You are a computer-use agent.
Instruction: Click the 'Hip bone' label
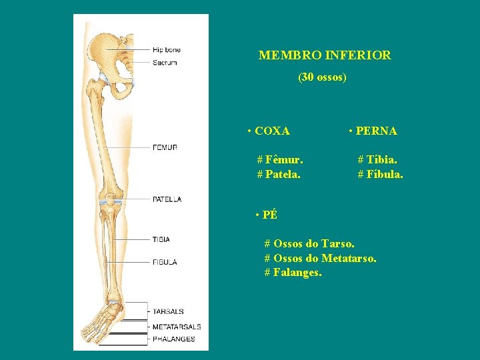point(167,50)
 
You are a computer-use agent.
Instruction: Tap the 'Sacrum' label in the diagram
point(165,63)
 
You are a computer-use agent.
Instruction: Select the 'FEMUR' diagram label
point(165,147)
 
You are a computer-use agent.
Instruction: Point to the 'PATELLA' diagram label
point(167,199)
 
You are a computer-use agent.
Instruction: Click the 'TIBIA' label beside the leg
point(161,239)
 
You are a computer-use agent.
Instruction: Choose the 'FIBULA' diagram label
point(164,262)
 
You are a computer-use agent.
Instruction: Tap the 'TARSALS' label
point(168,311)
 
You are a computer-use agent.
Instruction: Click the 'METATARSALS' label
point(176,327)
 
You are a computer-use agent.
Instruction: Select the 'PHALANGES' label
point(173,339)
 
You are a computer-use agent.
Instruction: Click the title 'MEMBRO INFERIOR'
point(325,55)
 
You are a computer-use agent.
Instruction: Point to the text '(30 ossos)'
point(322,77)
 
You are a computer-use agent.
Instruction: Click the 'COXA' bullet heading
point(269,131)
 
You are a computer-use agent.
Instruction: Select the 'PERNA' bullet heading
point(373,131)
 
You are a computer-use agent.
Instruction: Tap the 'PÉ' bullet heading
point(267,215)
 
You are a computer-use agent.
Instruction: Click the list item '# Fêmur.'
point(280,160)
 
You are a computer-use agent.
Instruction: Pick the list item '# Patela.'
point(279,175)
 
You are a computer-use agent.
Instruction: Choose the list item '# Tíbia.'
point(377,160)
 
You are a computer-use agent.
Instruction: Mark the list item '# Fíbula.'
point(380,175)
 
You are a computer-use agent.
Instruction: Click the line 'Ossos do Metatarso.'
point(320,258)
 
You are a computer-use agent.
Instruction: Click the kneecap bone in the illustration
point(108,197)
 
